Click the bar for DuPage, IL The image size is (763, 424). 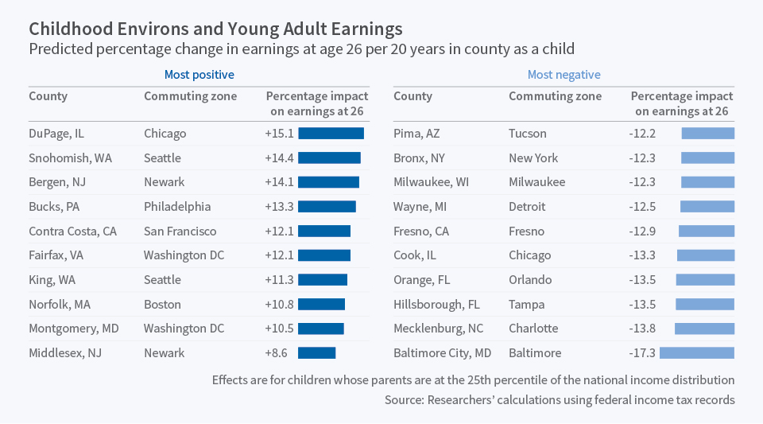click(x=331, y=134)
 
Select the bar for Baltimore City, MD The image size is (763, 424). click(x=697, y=352)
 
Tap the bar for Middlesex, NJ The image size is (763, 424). click(x=316, y=352)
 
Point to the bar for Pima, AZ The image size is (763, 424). click(x=708, y=134)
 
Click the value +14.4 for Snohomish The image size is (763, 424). click(x=279, y=158)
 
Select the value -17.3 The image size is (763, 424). click(x=641, y=352)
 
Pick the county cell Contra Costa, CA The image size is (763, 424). click(x=72, y=231)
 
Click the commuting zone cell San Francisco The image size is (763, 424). click(x=180, y=231)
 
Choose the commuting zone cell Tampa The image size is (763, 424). click(x=527, y=304)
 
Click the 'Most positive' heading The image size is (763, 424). click(x=199, y=75)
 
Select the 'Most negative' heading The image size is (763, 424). click(x=564, y=75)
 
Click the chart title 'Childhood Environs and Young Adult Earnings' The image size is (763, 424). click(x=215, y=29)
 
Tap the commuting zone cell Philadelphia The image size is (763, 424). click(x=177, y=206)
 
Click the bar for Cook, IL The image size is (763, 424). click(x=706, y=255)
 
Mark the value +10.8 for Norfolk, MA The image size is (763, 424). click(x=279, y=304)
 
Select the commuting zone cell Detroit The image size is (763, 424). click(x=527, y=206)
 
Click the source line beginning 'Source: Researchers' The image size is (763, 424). click(x=560, y=399)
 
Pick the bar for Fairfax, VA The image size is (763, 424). click(x=324, y=255)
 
